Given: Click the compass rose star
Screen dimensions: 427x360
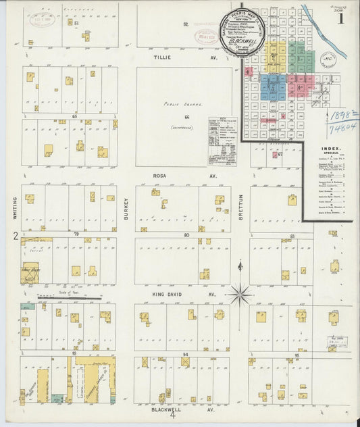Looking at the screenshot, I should click(239, 294).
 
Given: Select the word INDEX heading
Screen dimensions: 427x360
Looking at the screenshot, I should click(331, 148).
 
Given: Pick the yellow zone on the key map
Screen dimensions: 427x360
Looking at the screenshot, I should click(274, 58).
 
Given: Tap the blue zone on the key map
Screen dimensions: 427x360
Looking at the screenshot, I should click(273, 87).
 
